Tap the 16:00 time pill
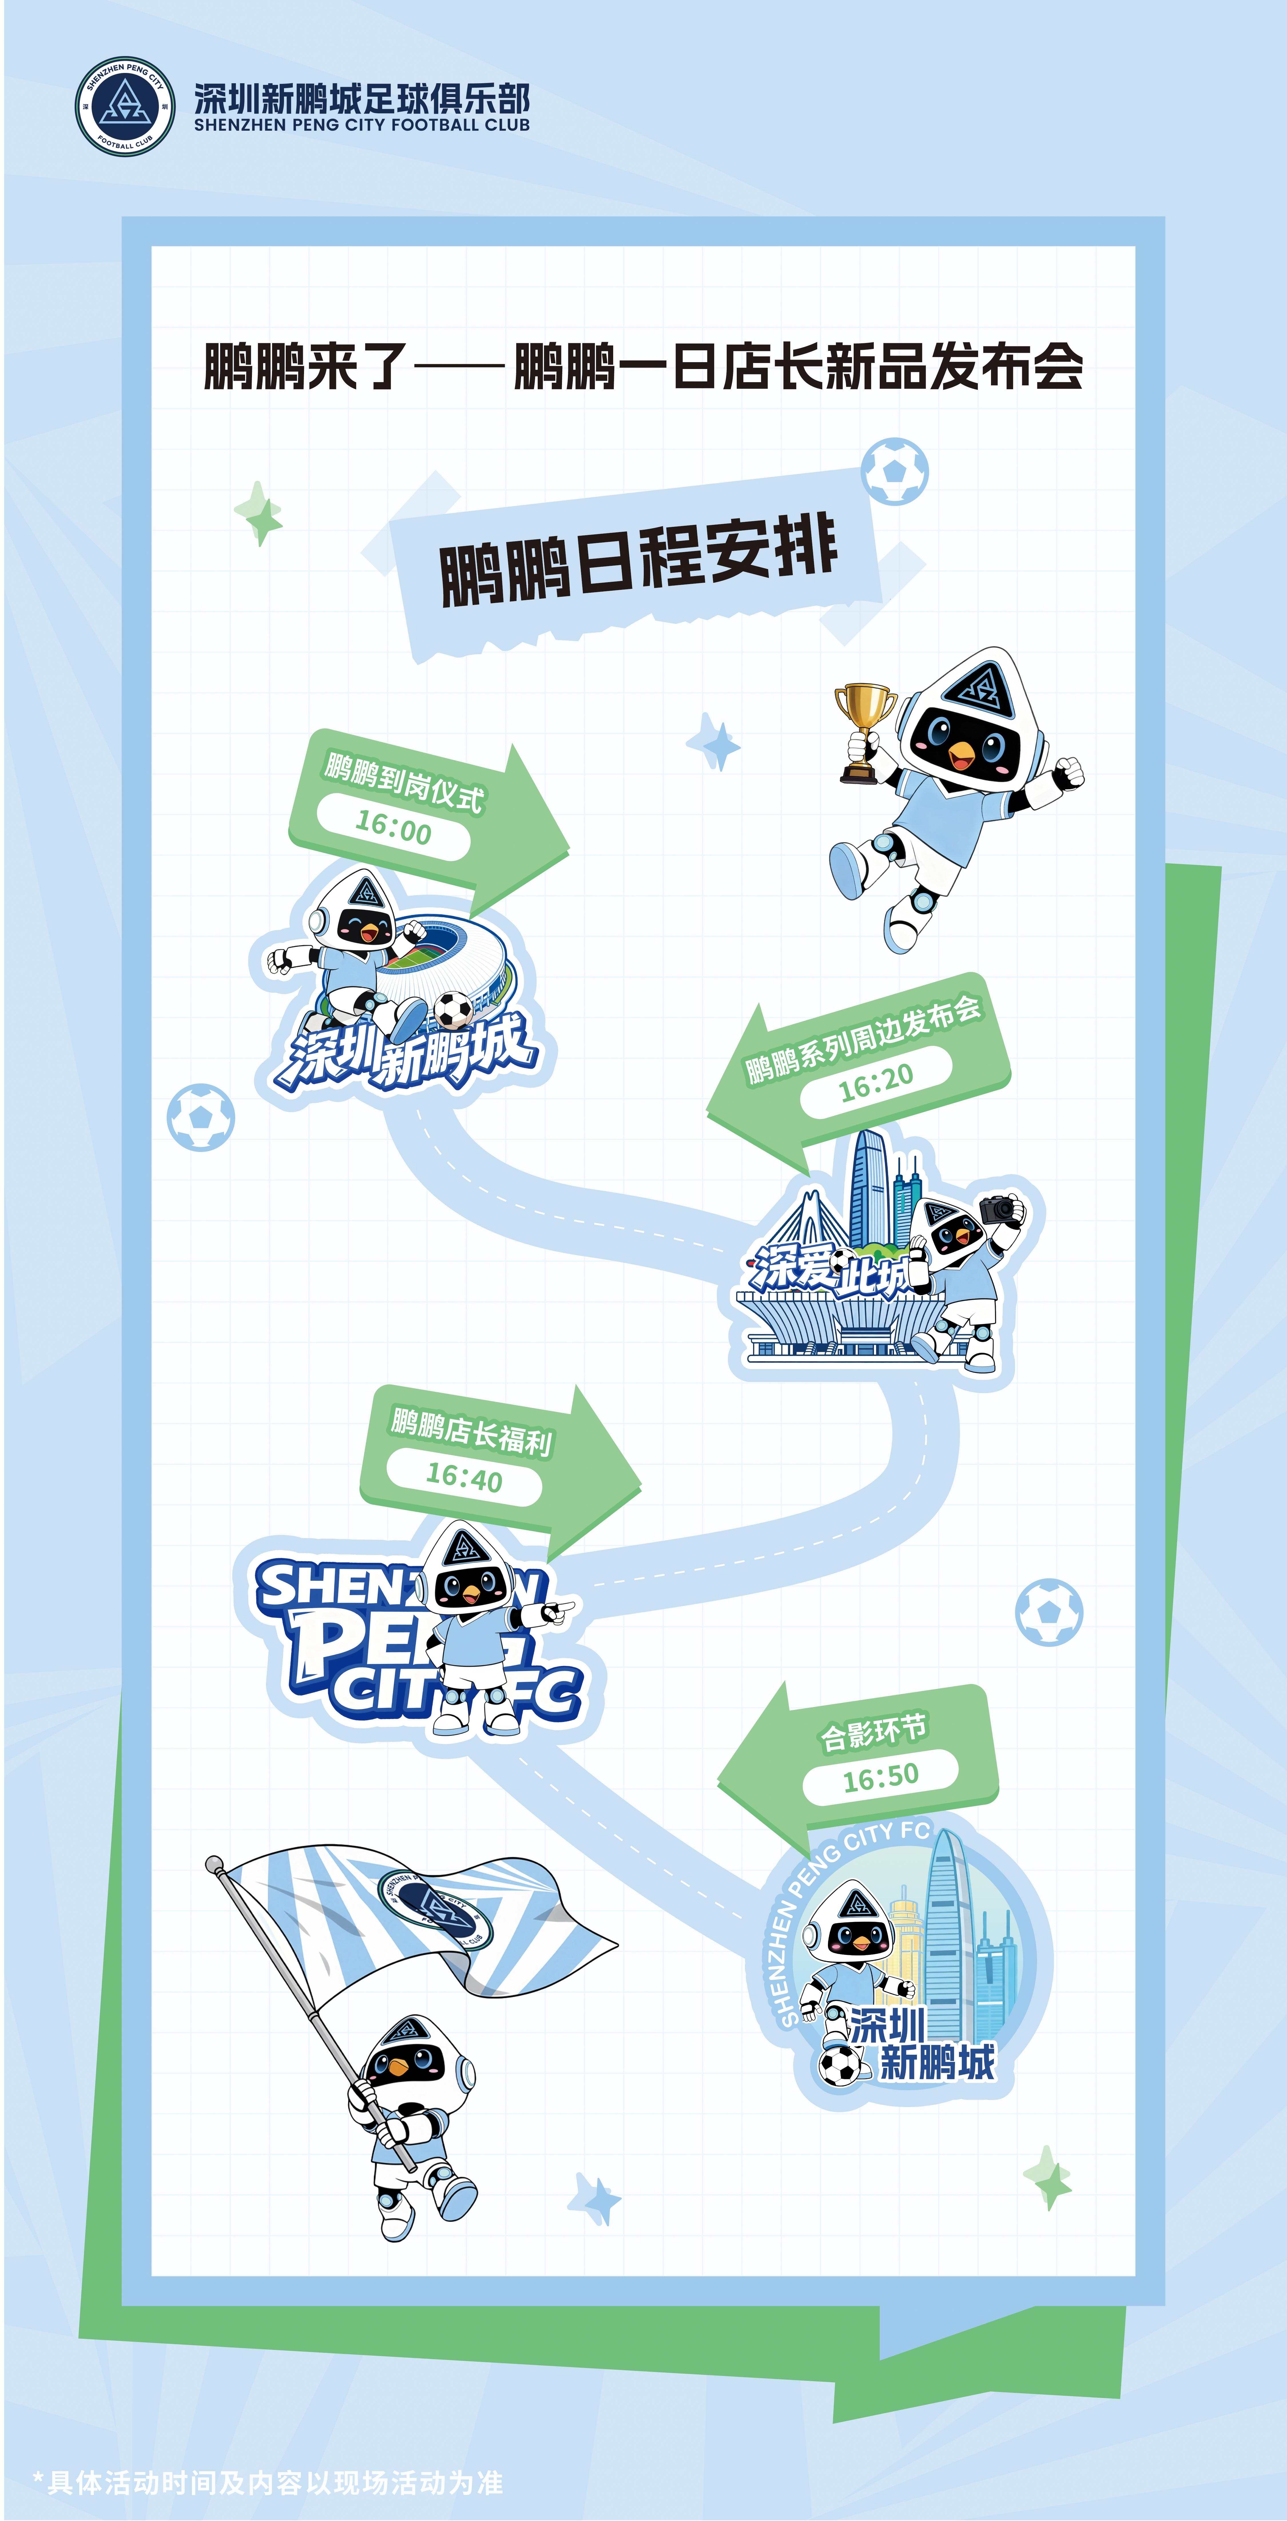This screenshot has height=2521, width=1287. [392, 828]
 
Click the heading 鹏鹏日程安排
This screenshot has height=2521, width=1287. [638, 558]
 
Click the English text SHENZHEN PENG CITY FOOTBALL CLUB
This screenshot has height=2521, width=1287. [361, 125]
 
